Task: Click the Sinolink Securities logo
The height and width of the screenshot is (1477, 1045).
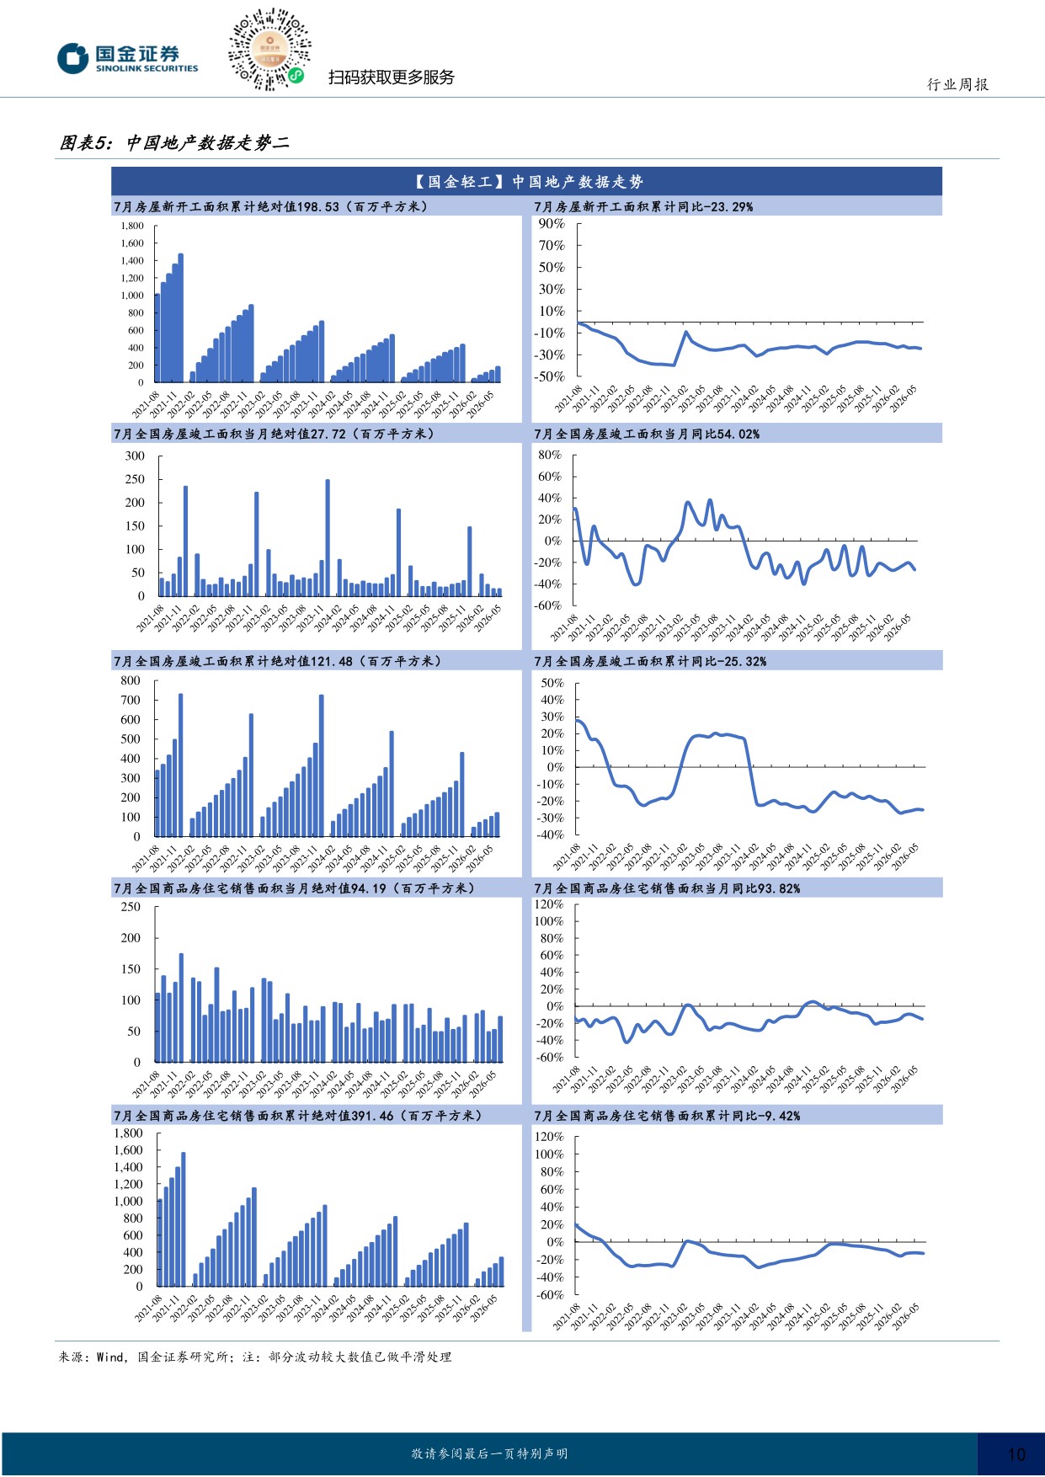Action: (x=127, y=58)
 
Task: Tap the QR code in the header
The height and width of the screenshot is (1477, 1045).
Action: (x=269, y=49)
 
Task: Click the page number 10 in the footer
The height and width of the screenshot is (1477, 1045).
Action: (x=1016, y=1454)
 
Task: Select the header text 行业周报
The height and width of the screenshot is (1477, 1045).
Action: (x=958, y=84)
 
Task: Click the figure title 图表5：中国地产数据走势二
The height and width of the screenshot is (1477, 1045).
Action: (x=174, y=142)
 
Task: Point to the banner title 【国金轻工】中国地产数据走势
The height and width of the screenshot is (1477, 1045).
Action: (x=528, y=182)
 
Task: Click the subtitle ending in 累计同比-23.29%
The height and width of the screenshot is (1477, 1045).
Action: (x=643, y=206)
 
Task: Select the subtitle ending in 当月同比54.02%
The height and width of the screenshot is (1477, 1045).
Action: (x=647, y=434)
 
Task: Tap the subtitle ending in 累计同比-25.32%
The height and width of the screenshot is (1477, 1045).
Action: (x=650, y=661)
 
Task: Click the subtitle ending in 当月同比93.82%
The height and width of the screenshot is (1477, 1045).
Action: (x=667, y=888)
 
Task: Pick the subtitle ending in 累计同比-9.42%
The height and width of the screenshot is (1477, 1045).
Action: (x=667, y=1116)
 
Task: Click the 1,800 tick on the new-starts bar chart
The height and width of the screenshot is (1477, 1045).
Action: (x=132, y=226)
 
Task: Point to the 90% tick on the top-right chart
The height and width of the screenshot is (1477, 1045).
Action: (x=552, y=223)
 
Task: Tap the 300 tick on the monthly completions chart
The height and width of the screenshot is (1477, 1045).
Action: (x=135, y=456)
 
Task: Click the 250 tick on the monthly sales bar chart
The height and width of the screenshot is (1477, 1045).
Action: (x=131, y=907)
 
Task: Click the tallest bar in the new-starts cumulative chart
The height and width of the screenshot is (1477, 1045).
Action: (x=180, y=317)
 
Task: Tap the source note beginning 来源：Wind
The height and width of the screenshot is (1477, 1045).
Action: (x=255, y=1357)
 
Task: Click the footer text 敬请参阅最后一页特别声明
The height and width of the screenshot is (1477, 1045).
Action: (x=489, y=1454)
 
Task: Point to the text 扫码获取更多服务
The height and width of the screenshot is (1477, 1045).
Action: (x=392, y=77)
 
